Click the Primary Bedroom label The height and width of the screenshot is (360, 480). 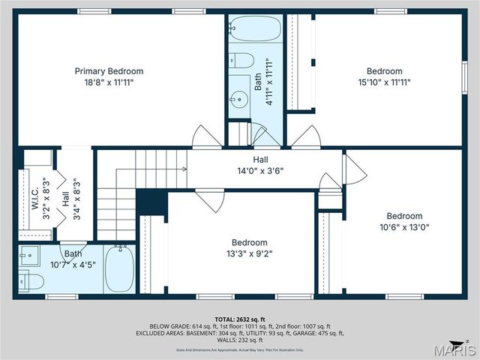click(109, 71)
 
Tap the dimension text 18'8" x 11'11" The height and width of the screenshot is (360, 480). click(109, 82)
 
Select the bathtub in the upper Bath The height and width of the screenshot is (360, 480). click(255, 29)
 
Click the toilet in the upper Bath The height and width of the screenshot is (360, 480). click(241, 60)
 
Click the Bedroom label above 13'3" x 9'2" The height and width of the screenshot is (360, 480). click(250, 242)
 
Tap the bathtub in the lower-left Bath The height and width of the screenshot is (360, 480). click(118, 268)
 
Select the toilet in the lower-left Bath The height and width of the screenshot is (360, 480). click(31, 281)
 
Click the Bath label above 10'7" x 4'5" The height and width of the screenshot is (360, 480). click(73, 253)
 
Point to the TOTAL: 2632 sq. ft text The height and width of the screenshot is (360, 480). click(239, 318)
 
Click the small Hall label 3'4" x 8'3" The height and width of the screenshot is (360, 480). click(66, 199)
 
